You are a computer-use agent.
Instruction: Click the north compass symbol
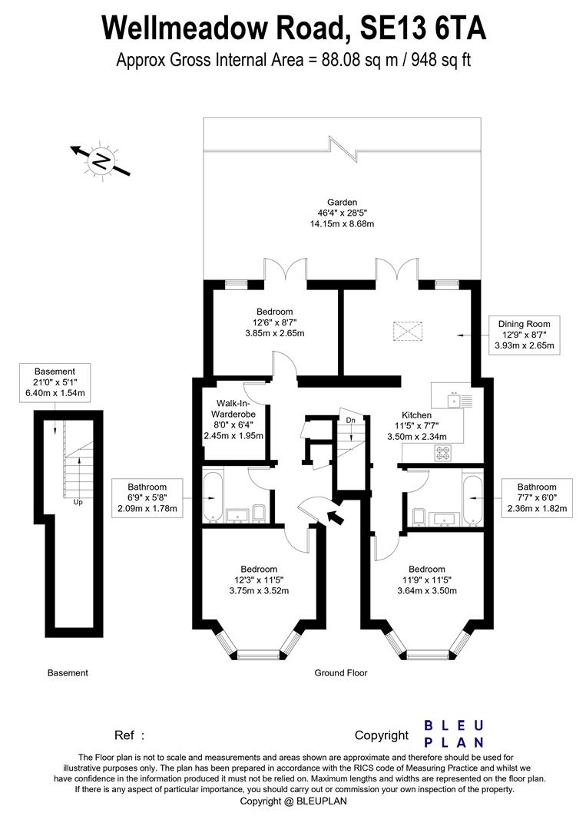coord(100,161)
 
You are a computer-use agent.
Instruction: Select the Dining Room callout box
coord(528,335)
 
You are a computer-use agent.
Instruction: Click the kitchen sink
coord(456,400)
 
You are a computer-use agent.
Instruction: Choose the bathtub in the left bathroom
coord(213,497)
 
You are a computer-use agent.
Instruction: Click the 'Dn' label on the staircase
coord(350,420)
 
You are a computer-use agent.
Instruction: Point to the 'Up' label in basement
coord(78,503)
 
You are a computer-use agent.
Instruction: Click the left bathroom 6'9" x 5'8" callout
coord(147,498)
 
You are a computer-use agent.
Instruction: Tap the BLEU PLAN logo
coord(455,734)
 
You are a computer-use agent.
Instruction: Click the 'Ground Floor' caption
coord(341,673)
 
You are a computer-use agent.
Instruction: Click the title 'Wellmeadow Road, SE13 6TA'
coord(293,28)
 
